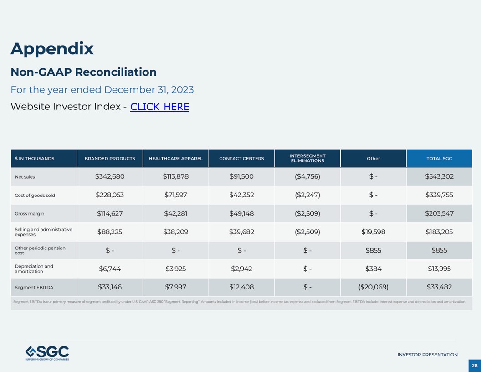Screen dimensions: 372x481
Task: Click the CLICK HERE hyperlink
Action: [x=159, y=107]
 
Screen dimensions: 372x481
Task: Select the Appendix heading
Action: [x=52, y=48]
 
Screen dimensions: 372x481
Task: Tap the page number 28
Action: [x=475, y=366]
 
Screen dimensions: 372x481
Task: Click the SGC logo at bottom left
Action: [x=47, y=353]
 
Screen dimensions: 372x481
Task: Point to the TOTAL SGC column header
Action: [x=439, y=159]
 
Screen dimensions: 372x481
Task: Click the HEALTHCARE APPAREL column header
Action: [x=176, y=159]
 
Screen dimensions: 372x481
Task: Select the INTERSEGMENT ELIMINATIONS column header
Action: [x=307, y=159]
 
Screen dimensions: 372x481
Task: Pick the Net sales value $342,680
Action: [x=110, y=177]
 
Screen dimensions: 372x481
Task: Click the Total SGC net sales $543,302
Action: [x=439, y=177]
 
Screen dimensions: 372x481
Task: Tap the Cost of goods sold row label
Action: [x=35, y=196]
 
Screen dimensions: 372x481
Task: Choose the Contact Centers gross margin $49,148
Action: [x=241, y=213]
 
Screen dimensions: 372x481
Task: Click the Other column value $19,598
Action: [x=373, y=232]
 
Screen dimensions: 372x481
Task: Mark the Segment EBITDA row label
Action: [x=34, y=288]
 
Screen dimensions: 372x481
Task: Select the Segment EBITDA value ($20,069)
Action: [x=373, y=287]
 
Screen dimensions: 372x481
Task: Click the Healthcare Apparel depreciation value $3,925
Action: [x=176, y=269]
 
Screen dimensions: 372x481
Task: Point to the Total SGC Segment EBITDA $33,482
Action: [x=439, y=287]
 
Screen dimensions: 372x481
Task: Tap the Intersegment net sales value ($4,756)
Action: [x=307, y=177]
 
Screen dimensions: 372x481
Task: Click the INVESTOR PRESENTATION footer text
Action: [x=427, y=355]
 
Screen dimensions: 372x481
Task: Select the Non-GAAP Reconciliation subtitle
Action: [x=83, y=72]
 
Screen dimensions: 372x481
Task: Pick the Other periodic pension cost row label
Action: [x=40, y=250]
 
